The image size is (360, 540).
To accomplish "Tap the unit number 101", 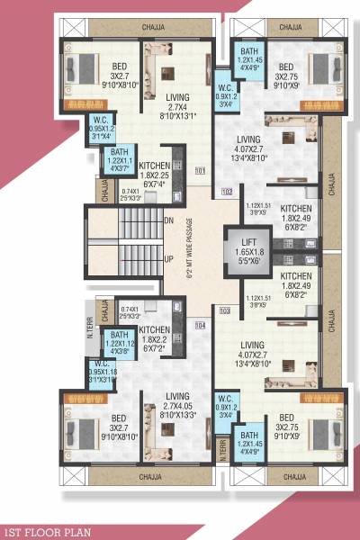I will (200, 169).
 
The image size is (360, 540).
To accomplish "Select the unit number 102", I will (226, 192).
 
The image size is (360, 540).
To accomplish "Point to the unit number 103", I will (224, 311).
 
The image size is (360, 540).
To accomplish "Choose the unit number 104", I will (200, 325).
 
